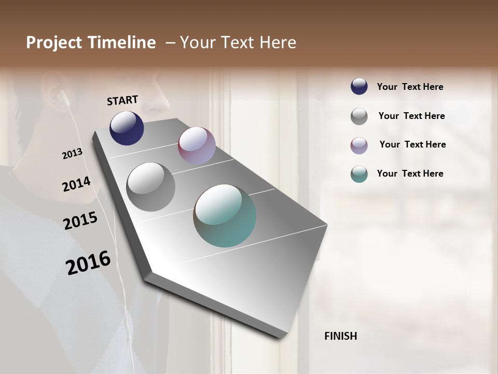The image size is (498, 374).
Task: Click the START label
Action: (122, 100)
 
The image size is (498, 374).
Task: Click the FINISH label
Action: (340, 336)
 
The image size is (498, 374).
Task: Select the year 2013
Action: (72, 154)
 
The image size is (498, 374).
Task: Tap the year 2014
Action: (76, 184)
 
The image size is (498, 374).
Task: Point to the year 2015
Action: (80, 221)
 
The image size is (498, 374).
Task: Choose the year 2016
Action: (88, 263)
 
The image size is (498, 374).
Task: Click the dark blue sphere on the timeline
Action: (127, 128)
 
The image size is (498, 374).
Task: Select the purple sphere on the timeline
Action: (197, 145)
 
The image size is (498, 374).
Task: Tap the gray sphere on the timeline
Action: (151, 187)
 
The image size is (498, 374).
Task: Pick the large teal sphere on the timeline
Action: (225, 216)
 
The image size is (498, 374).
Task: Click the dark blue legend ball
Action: (359, 87)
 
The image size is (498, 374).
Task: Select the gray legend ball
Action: (359, 116)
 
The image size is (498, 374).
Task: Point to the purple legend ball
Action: (359, 145)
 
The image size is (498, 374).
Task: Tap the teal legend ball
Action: (359, 174)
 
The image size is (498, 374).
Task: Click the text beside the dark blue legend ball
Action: (410, 87)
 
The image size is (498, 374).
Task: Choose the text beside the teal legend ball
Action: (410, 173)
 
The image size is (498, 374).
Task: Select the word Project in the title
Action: (54, 43)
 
